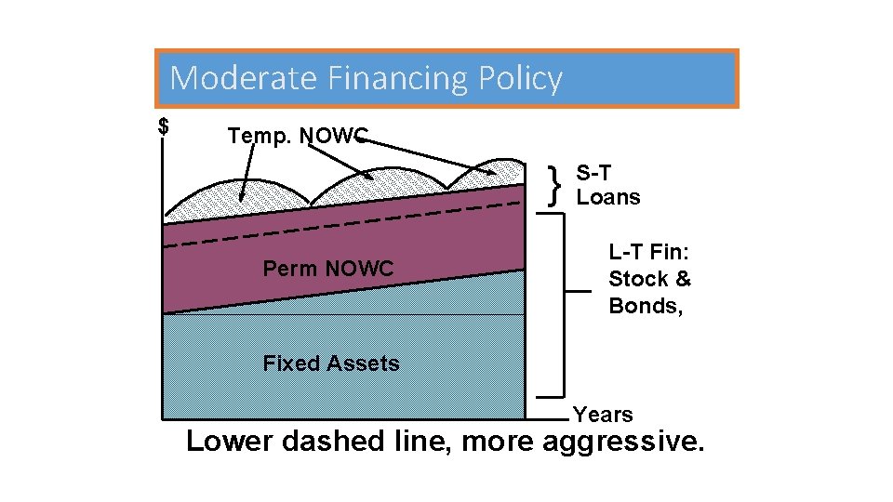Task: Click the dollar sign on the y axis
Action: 164,126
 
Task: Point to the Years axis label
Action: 603,415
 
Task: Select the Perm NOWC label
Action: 328,269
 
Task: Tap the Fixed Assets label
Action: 331,363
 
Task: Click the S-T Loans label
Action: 607,185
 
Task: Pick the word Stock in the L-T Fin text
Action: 637,279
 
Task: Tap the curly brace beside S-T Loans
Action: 556,185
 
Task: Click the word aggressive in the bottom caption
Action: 622,441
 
